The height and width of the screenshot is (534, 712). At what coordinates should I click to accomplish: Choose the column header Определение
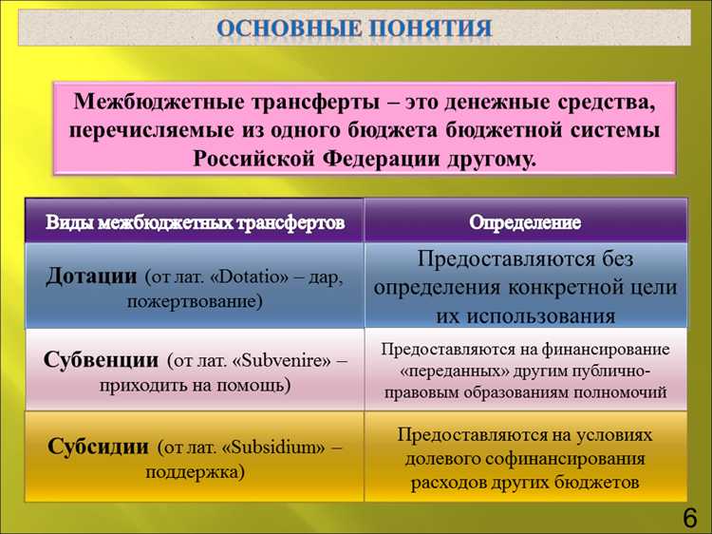click(525, 222)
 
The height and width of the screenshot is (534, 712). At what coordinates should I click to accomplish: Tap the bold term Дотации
click(92, 276)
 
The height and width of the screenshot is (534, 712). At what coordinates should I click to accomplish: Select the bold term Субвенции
click(101, 360)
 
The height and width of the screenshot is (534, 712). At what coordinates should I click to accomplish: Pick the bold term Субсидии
click(99, 446)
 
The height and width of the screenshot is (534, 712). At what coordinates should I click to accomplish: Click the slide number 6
click(689, 517)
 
